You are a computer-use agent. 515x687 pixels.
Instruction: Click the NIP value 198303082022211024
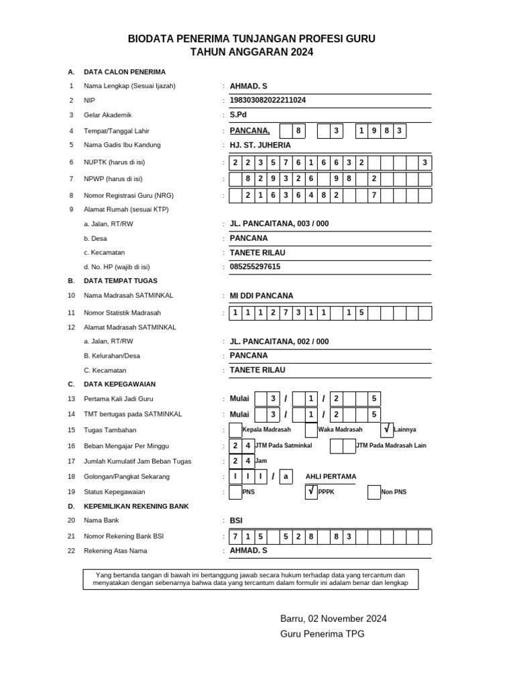pos(268,100)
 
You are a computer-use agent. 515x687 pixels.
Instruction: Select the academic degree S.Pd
pos(238,115)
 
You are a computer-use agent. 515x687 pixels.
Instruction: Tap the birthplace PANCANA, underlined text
pos(249,130)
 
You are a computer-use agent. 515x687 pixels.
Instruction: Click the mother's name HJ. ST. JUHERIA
pos(261,145)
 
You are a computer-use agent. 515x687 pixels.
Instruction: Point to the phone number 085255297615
pos(255,266)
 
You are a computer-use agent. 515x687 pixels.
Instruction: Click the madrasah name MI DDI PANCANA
pos(262,295)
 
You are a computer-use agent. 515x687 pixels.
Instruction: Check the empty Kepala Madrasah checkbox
pos(235,429)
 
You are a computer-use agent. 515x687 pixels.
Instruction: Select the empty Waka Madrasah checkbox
pos(311,429)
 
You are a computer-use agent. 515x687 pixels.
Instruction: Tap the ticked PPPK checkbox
pos(311,492)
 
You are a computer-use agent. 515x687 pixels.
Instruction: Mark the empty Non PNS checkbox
pos(374,492)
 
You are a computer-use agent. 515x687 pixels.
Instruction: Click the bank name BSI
pos(237,520)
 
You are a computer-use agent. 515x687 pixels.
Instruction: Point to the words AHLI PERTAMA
pos(331,476)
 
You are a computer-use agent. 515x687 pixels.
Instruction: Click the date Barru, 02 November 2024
pos(333,619)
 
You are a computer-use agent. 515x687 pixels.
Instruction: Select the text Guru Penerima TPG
pos(322,634)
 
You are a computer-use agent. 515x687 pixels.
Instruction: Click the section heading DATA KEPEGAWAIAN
pos(119,384)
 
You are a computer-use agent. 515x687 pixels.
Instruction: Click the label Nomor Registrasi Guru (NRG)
pos(127,195)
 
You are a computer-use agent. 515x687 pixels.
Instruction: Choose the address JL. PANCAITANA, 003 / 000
pos(279,223)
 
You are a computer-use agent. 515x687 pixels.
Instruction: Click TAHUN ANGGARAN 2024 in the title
pos(251,52)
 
